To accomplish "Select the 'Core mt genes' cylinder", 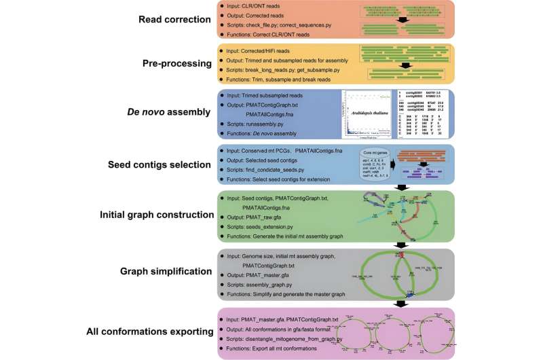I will click(x=364, y=165).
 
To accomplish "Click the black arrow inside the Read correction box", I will click(x=405, y=20).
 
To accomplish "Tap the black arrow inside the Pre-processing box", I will click(x=405, y=66).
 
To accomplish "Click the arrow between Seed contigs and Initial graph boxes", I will click(x=401, y=187).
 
